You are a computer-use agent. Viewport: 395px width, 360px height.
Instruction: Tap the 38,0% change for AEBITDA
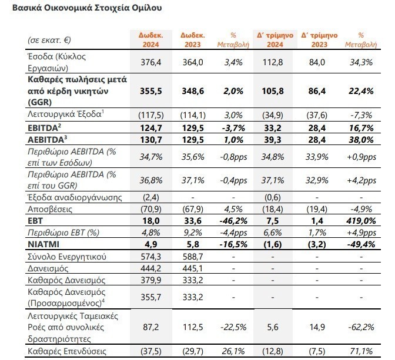[360, 140]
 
